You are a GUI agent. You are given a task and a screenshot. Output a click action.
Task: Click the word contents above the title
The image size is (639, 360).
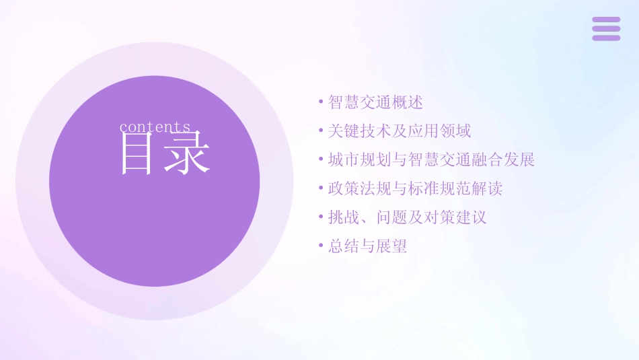[x=155, y=127]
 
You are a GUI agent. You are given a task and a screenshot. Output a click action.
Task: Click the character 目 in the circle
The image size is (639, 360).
[x=137, y=153]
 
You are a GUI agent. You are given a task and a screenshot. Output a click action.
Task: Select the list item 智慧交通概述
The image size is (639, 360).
[x=375, y=102]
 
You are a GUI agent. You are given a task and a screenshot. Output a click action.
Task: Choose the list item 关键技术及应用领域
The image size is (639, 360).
[x=400, y=131]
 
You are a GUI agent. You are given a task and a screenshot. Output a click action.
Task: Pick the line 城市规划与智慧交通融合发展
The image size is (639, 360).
[x=431, y=160]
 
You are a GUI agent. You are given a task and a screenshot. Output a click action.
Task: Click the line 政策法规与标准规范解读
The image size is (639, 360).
[x=415, y=188]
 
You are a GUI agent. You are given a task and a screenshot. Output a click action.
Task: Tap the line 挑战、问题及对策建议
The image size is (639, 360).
[x=407, y=217]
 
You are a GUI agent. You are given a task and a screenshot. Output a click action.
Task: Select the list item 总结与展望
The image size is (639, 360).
[x=367, y=246]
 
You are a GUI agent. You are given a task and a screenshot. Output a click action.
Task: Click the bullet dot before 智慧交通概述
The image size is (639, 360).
[x=321, y=102]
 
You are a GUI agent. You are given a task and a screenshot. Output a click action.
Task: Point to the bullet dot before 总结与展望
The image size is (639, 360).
[x=321, y=246]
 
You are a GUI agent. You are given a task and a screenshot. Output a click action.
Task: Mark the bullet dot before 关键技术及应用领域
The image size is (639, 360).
[x=321, y=131]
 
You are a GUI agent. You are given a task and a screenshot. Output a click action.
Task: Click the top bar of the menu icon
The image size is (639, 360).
[x=606, y=20]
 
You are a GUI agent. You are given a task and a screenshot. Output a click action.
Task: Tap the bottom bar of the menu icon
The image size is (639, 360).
[x=606, y=38]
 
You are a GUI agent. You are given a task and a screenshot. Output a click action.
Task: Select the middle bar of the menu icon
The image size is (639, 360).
[x=606, y=29]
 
